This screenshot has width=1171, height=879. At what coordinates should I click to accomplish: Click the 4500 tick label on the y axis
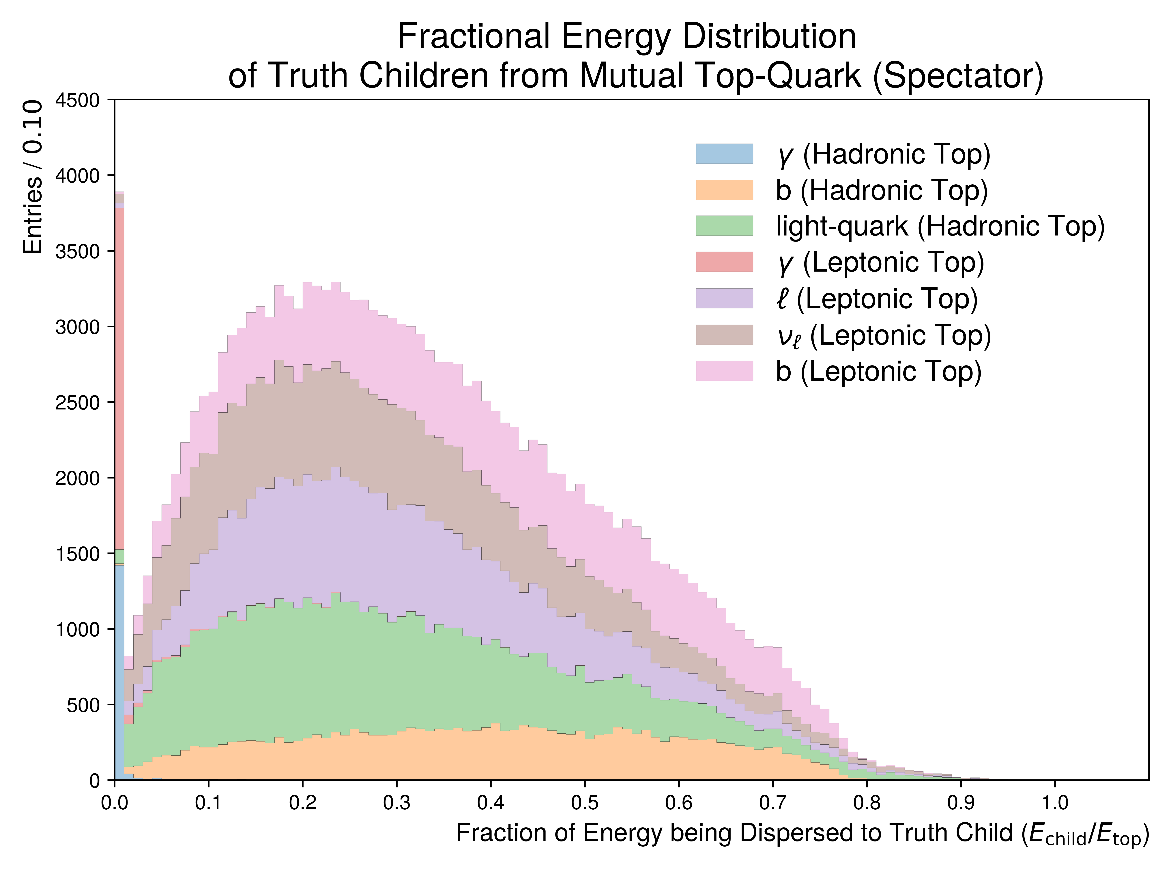pos(78,100)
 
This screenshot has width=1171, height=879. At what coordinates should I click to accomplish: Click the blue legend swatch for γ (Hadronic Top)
pos(724,154)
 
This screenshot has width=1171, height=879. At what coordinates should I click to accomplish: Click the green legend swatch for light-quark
pos(724,226)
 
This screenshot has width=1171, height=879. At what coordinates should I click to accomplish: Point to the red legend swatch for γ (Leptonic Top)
pos(724,262)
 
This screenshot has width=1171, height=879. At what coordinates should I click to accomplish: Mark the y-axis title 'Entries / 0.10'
pos(33,177)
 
